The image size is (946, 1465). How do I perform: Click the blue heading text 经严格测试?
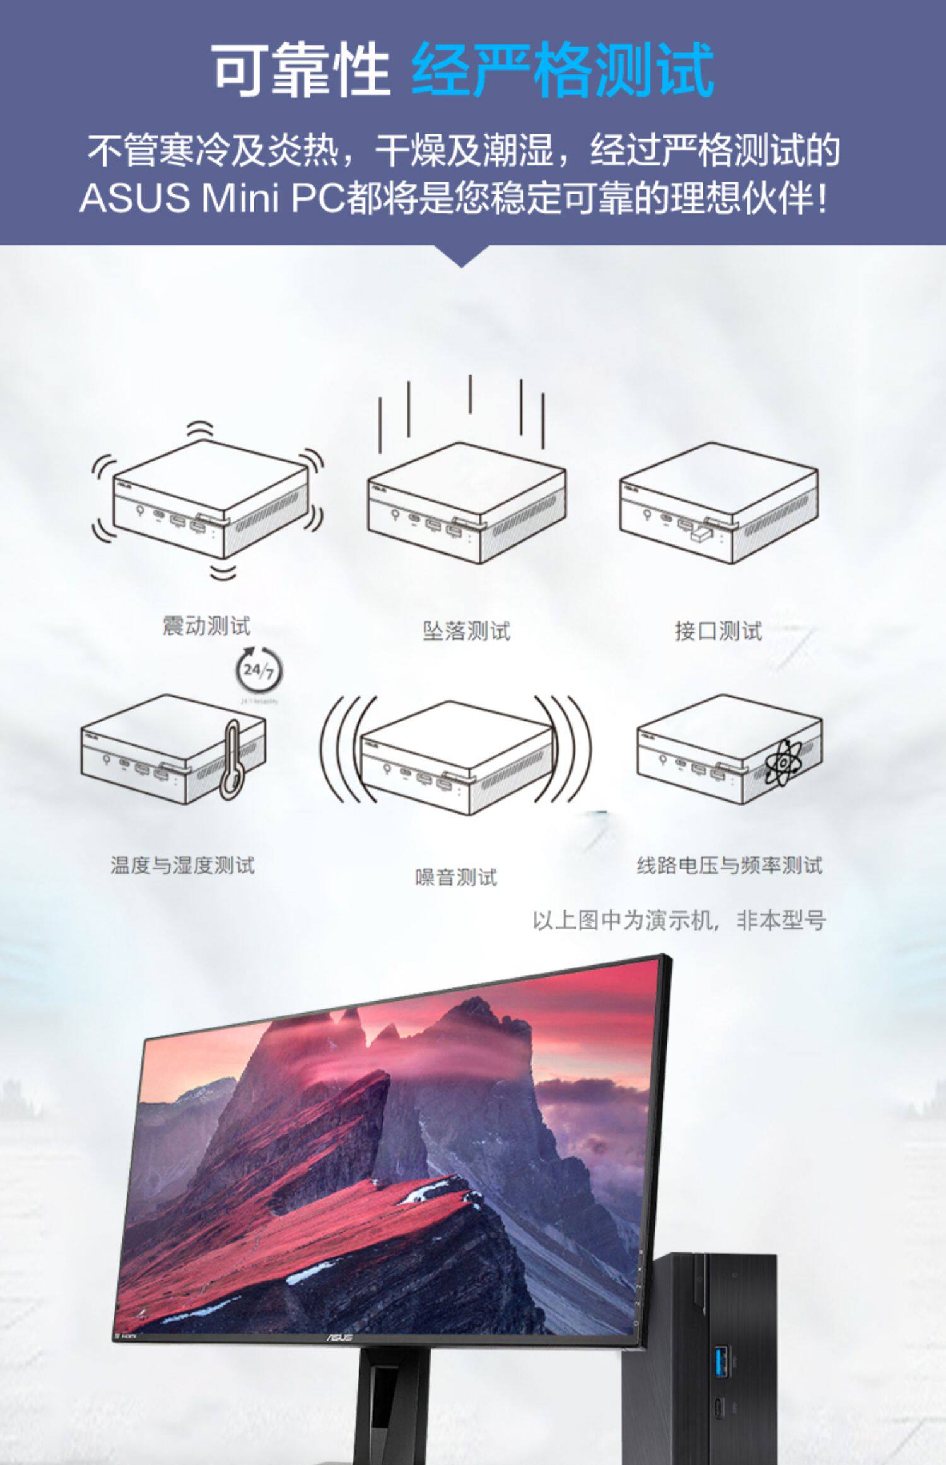562,70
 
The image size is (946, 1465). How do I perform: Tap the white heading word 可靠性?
301,70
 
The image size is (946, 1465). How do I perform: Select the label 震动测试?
207,626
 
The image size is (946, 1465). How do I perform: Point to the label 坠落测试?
466,630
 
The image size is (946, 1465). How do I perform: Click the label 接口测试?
718,630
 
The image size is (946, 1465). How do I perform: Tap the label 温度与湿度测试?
182,864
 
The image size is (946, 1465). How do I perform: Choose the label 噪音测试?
456,877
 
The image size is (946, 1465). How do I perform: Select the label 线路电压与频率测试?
730,864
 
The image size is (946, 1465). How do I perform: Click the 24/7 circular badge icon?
259,670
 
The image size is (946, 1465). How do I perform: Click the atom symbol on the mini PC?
783,763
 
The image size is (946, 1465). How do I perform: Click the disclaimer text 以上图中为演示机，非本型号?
679,920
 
